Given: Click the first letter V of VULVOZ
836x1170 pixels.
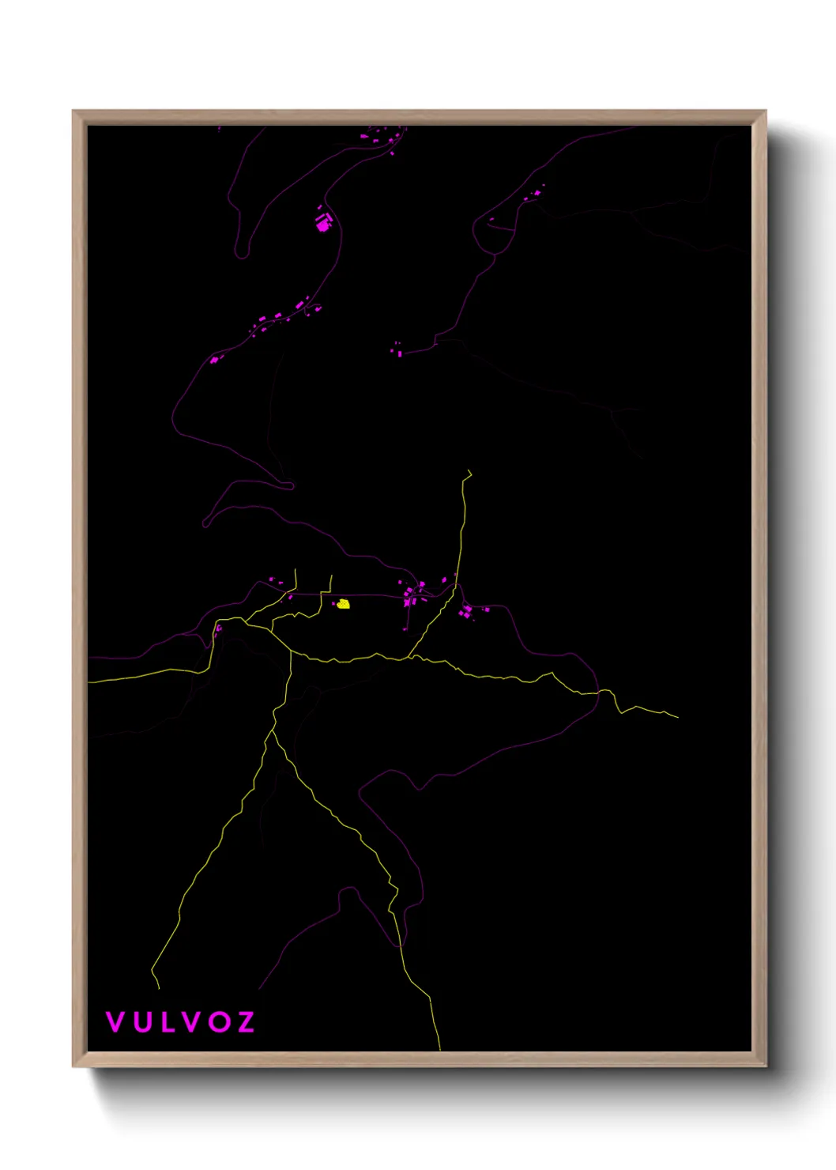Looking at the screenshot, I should point(115,1022).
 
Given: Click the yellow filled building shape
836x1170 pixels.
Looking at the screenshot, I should point(344,605).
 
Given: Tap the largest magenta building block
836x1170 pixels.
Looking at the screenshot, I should point(322,225).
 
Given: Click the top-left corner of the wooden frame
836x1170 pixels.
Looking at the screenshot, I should point(73,111).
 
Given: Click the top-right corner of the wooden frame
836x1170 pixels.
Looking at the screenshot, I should point(765,111).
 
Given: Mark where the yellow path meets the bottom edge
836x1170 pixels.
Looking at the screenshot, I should point(439,1049).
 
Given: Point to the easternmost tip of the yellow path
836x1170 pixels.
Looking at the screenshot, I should point(677,717).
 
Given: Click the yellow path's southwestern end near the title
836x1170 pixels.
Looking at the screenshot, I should point(158,987).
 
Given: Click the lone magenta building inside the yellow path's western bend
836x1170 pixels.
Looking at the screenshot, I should point(218,630).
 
